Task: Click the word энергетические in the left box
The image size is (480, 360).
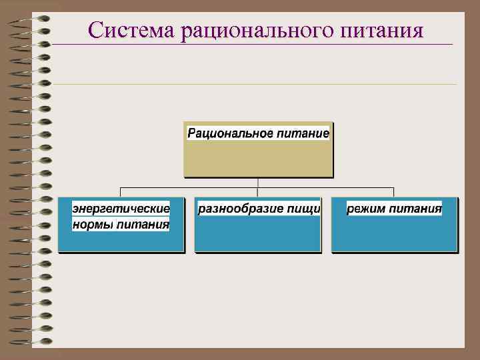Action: click(121, 209)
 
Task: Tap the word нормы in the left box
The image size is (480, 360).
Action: click(93, 225)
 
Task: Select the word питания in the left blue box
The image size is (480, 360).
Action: click(143, 225)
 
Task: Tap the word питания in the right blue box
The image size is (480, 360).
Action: click(416, 209)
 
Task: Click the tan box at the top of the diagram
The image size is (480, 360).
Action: click(257, 160)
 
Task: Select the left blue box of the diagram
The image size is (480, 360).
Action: click(120, 240)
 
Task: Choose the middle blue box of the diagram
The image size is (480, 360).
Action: click(257, 237)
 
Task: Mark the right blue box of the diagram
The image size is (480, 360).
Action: click(395, 237)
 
